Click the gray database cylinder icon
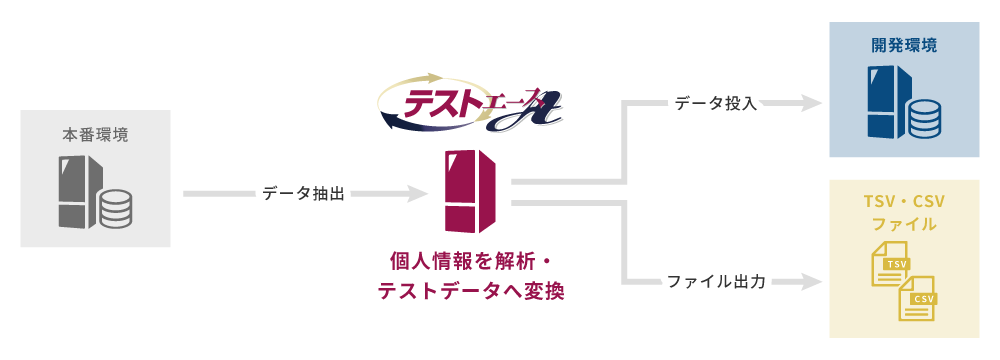(115, 208)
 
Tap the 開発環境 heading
(904, 46)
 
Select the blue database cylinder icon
(924, 118)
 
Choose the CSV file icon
(917, 297)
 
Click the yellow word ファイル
(904, 224)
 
